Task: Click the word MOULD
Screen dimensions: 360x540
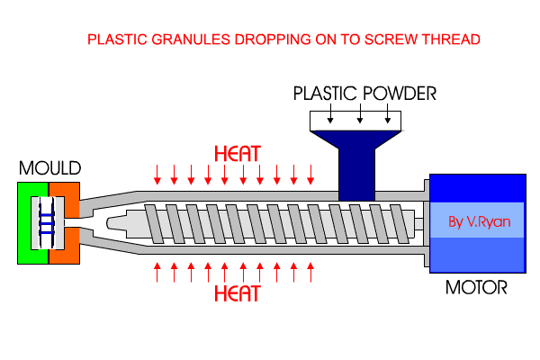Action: pyautogui.click(x=49, y=168)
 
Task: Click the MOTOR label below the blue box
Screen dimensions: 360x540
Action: pyautogui.click(x=476, y=290)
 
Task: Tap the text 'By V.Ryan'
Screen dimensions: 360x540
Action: pyautogui.click(x=478, y=221)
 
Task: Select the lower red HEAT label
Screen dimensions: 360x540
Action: pyautogui.click(x=238, y=293)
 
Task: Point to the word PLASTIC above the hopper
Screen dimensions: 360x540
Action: pyautogui.click(x=327, y=93)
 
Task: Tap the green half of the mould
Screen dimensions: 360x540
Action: pyautogui.click(x=26, y=222)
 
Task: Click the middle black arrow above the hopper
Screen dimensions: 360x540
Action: pyautogui.click(x=359, y=115)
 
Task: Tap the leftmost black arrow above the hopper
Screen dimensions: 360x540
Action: pyautogui.click(x=330, y=115)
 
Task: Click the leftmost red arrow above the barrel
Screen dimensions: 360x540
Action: pyautogui.click(x=158, y=172)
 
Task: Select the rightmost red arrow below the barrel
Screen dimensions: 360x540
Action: pyautogui.click(x=311, y=269)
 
